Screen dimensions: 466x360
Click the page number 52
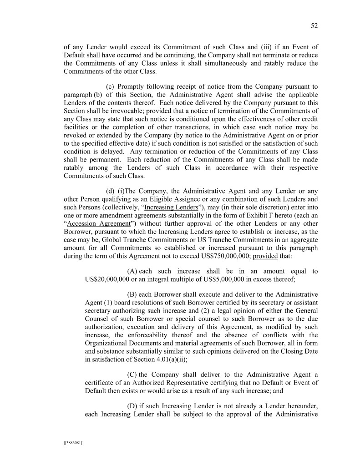point(314,26)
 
